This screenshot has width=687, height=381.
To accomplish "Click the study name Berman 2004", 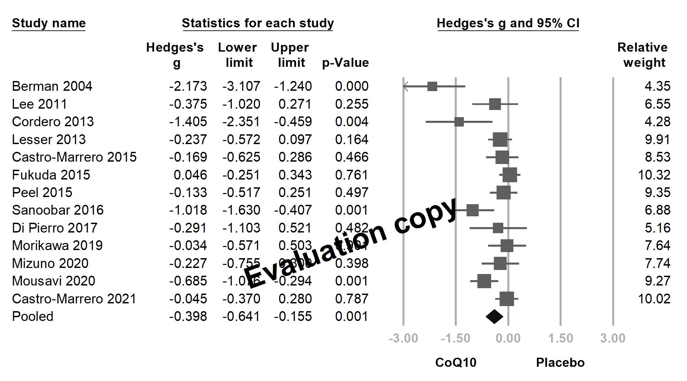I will [x=52, y=86].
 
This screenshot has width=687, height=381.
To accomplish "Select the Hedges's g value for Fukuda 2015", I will [x=190, y=175].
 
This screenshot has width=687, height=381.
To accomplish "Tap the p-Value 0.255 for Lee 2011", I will [x=352, y=104].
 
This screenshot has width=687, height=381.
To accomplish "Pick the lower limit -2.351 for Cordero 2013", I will [x=241, y=122].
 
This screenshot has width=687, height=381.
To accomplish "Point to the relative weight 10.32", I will [x=654, y=175].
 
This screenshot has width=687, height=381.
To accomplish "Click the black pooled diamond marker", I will [x=494, y=317].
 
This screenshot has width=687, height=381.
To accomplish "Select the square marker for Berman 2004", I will [x=432, y=86].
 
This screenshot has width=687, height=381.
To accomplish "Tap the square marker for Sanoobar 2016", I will [x=472, y=210].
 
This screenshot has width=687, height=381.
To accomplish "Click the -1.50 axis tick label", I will [x=455, y=338].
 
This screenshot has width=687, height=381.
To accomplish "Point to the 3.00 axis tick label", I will [x=613, y=338].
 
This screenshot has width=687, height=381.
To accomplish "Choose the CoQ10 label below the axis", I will [x=456, y=363].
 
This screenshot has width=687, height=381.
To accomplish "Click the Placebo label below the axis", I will [x=560, y=363].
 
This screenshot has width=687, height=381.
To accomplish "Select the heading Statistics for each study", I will [x=258, y=23].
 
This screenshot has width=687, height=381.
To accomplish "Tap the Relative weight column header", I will [x=643, y=55].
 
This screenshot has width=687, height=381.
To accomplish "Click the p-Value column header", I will [x=346, y=63].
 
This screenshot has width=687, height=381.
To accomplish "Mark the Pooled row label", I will [x=33, y=317].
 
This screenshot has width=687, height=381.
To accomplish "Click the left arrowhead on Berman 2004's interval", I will [x=406, y=86].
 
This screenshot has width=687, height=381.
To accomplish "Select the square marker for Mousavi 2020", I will [x=484, y=281].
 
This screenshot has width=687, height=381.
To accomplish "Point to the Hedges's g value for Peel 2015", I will [x=188, y=193].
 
